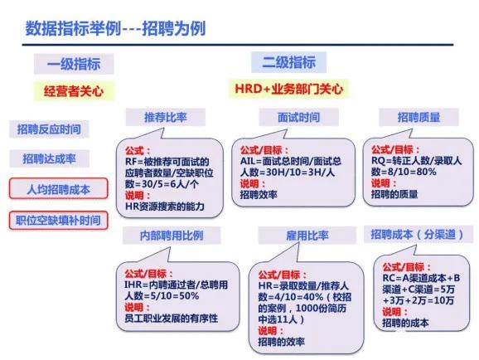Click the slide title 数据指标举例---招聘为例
pos(115,28)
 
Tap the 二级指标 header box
pos(288,62)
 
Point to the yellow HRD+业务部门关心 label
pos(288,87)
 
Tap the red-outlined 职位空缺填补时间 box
pos(59,220)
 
